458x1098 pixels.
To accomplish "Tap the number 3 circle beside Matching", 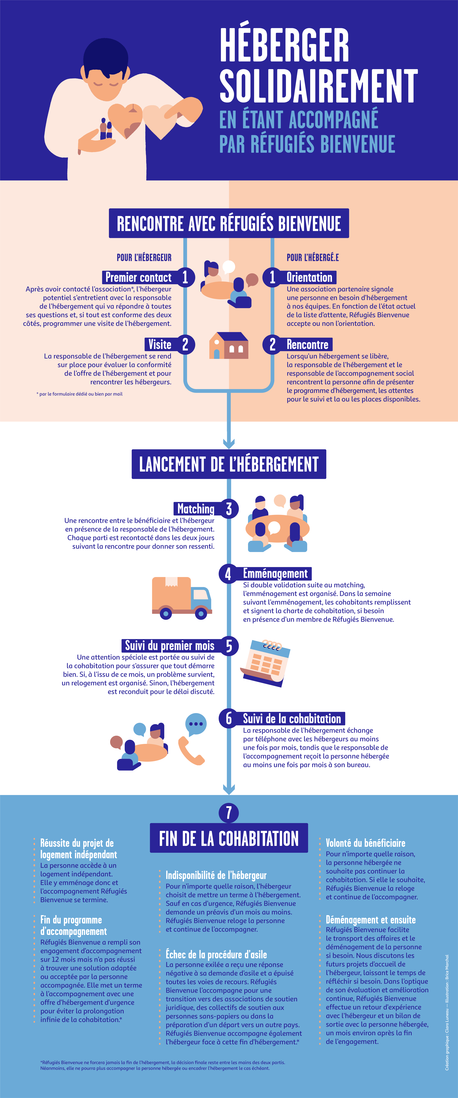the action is (x=229, y=508).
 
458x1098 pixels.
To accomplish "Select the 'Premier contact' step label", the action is (x=138, y=277).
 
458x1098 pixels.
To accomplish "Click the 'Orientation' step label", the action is (x=309, y=277).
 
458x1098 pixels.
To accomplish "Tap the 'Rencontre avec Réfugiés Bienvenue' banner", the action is (x=229, y=223).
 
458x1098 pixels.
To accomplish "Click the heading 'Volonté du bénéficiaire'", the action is (x=366, y=843).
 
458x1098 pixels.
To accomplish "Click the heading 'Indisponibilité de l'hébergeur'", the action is (x=216, y=875).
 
